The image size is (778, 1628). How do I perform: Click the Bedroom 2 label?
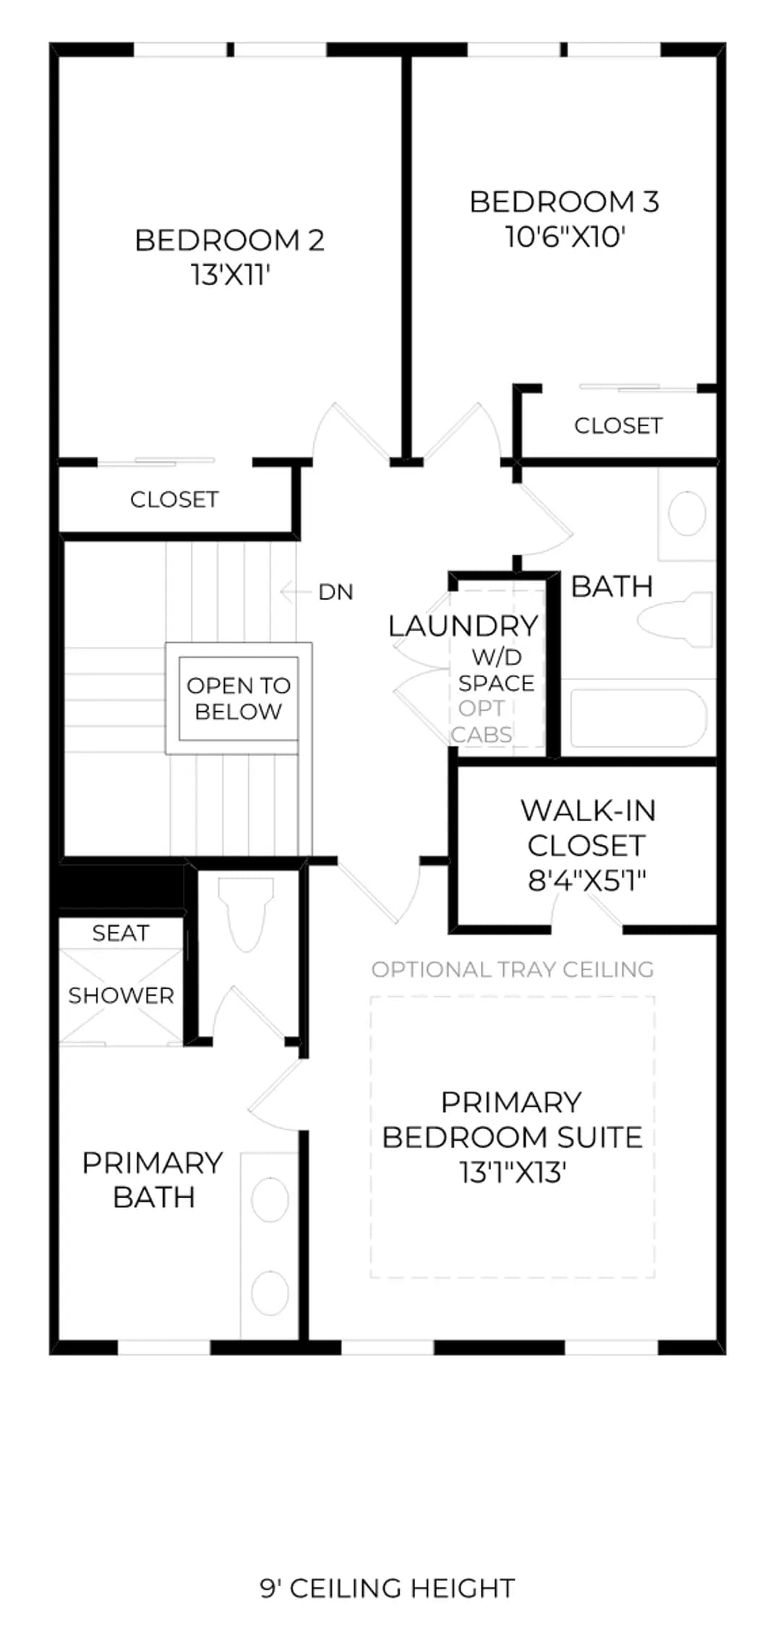[229, 240]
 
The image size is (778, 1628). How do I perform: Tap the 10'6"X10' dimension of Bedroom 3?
[565, 237]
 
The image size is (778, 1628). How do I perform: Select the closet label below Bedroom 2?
[174, 499]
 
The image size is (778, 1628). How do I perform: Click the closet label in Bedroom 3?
[618, 425]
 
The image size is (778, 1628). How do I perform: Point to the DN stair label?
[335, 592]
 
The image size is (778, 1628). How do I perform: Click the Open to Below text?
[239, 698]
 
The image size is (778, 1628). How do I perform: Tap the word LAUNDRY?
[463, 626]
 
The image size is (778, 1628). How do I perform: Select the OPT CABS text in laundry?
[482, 721]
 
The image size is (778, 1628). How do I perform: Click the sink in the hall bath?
[687, 513]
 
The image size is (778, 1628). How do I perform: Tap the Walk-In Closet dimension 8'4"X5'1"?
[587, 881]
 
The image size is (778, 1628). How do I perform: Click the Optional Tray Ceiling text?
[513, 970]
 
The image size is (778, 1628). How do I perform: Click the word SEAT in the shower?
[121, 933]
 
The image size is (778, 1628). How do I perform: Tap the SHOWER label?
[121, 996]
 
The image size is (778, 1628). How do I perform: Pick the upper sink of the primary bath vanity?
[270, 1200]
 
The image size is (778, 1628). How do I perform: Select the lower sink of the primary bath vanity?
[270, 1293]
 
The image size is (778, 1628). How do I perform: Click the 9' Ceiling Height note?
[388, 1588]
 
